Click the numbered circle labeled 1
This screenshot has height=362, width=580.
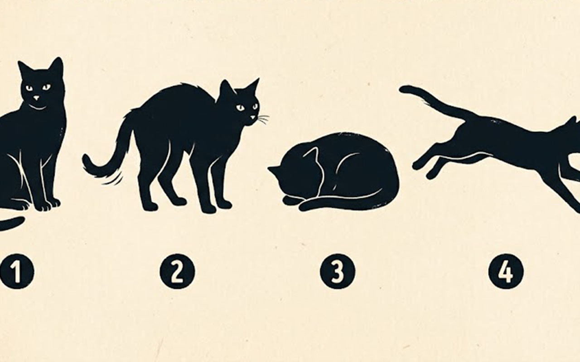coord(17,271)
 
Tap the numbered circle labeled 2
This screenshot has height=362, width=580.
coord(177,271)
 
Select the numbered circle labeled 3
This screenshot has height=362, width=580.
coord(338,271)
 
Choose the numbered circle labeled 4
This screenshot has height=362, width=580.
coord(506,271)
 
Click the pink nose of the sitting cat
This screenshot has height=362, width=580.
coord(37,98)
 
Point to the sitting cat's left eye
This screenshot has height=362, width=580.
coord(29,88)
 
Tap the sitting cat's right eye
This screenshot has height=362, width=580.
coord(47,87)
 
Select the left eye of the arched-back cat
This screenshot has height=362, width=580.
coord(240,108)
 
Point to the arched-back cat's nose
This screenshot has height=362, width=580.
coord(252,117)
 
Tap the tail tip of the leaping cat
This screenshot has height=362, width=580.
coord(403,90)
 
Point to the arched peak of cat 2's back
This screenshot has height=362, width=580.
coord(181,86)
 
